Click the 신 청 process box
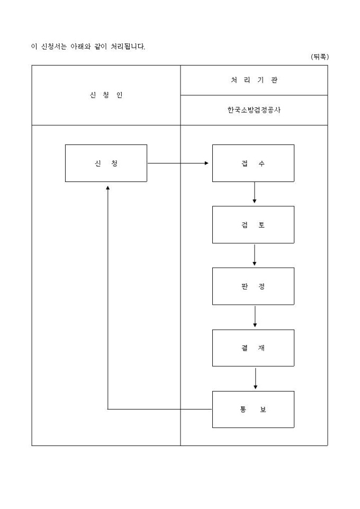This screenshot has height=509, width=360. [106, 163]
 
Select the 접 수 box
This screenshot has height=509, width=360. [253, 163]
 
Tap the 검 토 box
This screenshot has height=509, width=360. [253, 225]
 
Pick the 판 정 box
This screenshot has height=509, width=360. [253, 286]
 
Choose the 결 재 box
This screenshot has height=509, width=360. [253, 348]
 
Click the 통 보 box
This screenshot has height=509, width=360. [253, 410]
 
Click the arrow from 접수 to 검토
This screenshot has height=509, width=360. [255, 193]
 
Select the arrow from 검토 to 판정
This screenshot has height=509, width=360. [255, 255]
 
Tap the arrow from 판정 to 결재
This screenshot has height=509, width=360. [255, 316]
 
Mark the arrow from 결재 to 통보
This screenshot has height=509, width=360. [255, 378]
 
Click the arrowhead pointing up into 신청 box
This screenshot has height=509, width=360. [107, 187]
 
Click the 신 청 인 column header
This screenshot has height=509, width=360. [106, 95]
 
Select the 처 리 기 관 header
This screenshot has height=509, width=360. [254, 80]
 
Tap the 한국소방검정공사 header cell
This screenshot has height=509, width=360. [254, 111]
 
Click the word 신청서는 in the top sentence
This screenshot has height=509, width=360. [52, 47]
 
